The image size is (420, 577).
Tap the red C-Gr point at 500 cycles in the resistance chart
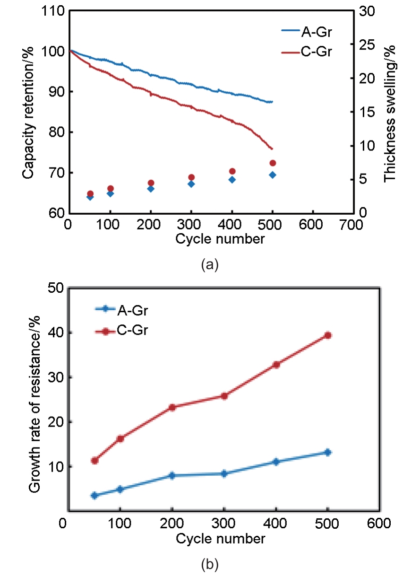327,335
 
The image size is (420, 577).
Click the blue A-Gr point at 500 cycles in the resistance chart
327,453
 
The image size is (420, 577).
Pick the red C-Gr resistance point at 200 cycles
172,407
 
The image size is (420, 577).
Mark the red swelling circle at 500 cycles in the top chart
273,163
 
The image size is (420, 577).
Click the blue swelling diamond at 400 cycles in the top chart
232,180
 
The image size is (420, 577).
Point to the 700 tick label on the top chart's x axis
351,225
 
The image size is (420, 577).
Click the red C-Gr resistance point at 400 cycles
276,365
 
